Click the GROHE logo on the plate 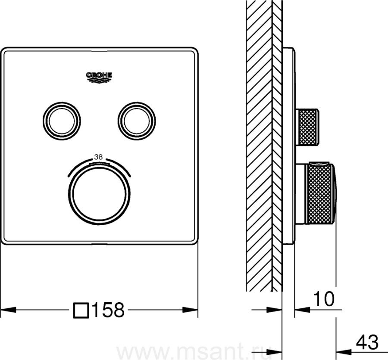coord(99,78)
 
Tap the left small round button coord(62,121)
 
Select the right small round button coord(137,121)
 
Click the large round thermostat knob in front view coord(99,194)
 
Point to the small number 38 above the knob coord(98,157)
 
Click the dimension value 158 coord(108,310)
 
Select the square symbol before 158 coord(81,310)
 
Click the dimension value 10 coord(324,299)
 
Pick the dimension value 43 coord(367,343)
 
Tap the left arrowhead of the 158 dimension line coord(8,309)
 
